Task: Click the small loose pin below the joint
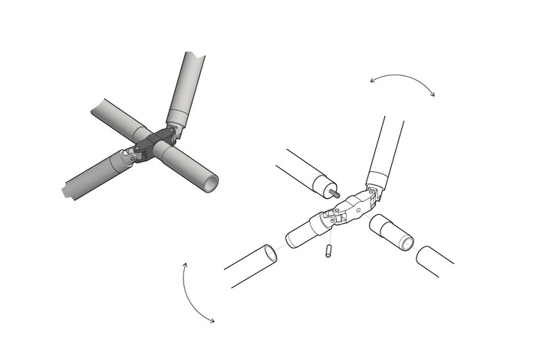[328, 251]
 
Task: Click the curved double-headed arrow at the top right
[402, 79]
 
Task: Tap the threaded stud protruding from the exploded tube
[335, 193]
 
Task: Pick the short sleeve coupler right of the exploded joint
[391, 233]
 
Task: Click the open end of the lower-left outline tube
[268, 253]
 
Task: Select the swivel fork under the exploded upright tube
[372, 195]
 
